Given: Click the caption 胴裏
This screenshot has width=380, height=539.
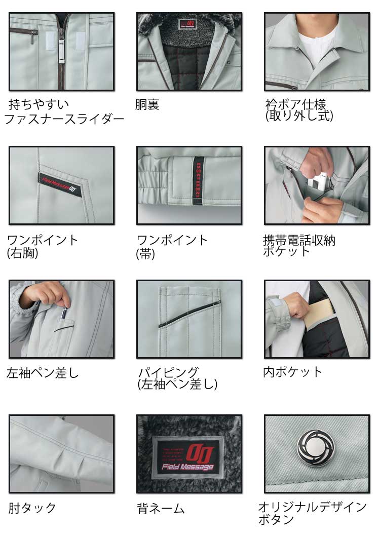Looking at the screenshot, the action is pos(147,104).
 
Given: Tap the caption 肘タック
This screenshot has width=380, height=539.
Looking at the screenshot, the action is pos(32,508).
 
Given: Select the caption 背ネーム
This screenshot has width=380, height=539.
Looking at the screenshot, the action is pos(161,509).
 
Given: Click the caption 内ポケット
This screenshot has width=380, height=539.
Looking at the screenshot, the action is pos(293,372).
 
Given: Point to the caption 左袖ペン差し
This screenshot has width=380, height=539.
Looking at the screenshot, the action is pos(43,373).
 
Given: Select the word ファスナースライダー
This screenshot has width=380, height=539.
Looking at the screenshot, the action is pos(64,119).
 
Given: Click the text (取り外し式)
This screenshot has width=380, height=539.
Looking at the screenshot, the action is pos(299,115).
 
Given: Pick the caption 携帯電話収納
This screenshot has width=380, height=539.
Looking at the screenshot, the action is pos(299,240).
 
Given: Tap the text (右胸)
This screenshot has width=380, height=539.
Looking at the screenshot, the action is pos(22,253).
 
